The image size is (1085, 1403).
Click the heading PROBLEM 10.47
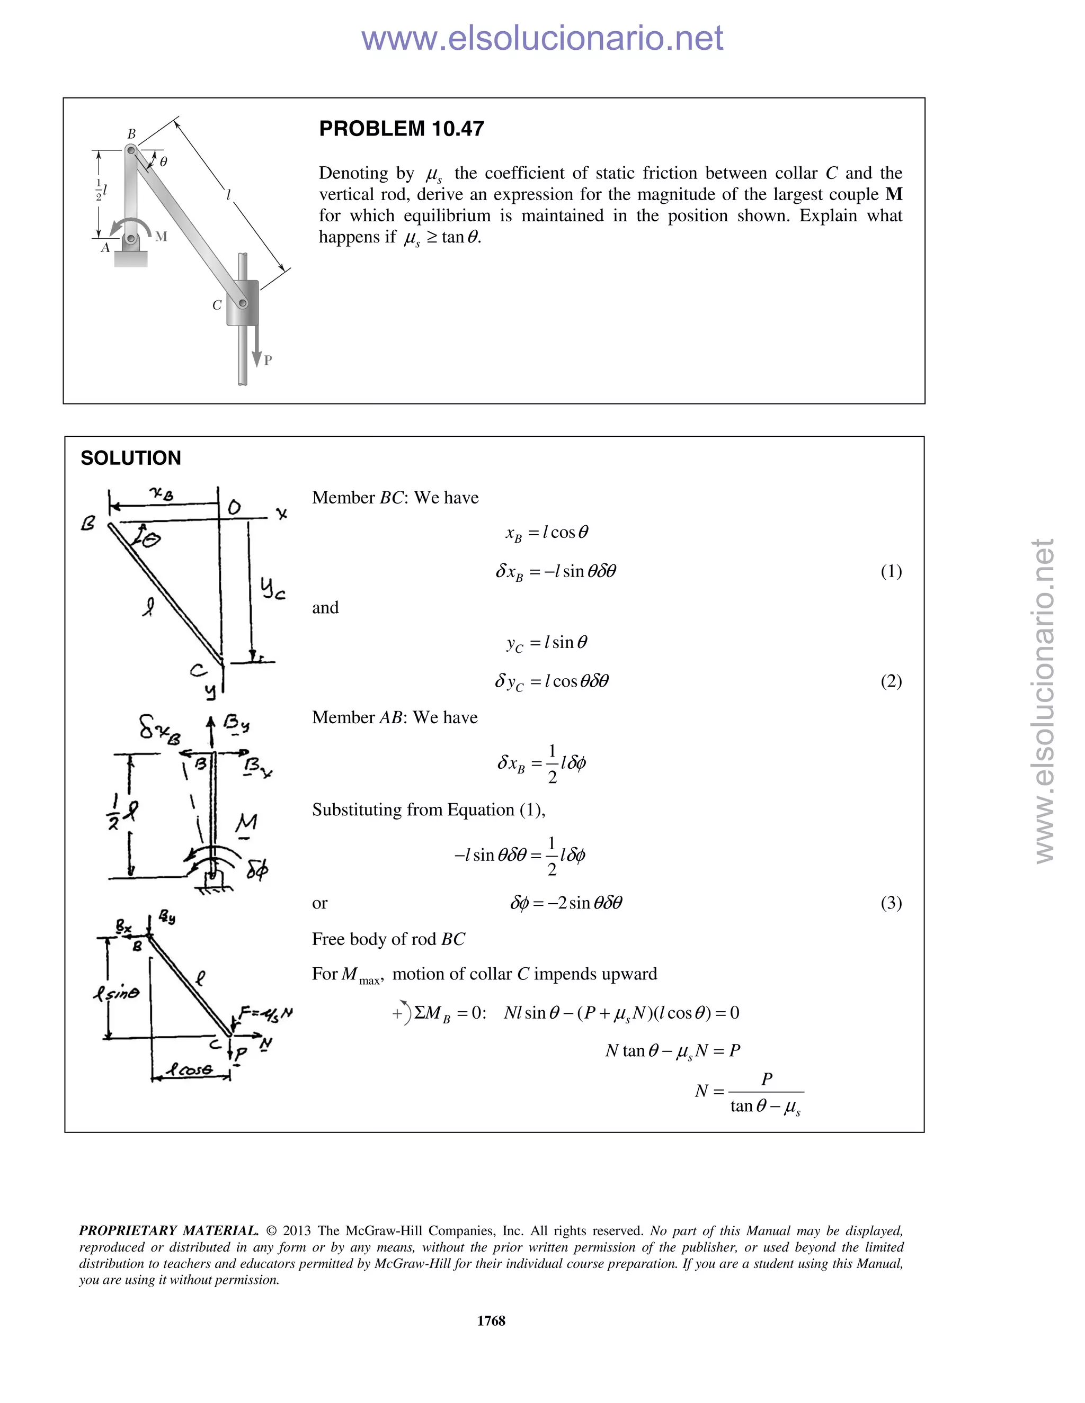[401, 129]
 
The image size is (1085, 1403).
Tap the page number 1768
[491, 1320]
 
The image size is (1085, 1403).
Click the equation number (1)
[891, 571]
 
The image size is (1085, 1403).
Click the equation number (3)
[891, 903]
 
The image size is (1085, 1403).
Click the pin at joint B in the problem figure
[130, 150]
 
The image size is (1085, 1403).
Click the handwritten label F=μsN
[265, 1013]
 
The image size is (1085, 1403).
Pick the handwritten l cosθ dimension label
[190, 1069]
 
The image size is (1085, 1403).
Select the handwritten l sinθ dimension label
[115, 993]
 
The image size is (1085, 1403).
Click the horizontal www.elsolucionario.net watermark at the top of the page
[542, 38]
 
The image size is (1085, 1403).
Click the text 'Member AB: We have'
[395, 717]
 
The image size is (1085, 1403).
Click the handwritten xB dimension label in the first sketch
[162, 493]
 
